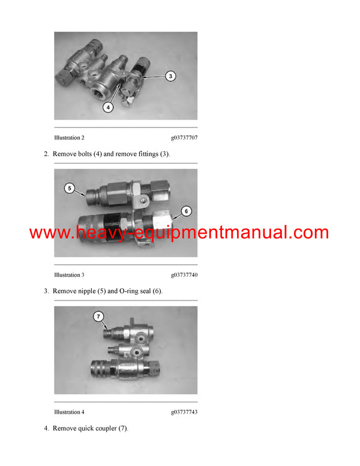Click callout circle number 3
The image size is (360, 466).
tap(170, 76)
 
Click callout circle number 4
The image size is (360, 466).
tap(108, 107)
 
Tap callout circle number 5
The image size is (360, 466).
tap(70, 189)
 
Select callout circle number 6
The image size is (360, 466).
tap(186, 211)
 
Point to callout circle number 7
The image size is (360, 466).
tap(98, 316)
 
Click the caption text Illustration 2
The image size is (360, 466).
tap(69, 138)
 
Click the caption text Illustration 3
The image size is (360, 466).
tap(69, 275)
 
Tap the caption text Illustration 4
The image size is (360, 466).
tap(69, 412)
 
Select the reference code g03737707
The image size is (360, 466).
tap(184, 138)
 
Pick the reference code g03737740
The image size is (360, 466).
tap(184, 275)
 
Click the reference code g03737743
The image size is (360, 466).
tap(184, 412)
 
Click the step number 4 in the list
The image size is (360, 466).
tap(46, 428)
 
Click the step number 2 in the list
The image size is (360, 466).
tap(46, 154)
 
